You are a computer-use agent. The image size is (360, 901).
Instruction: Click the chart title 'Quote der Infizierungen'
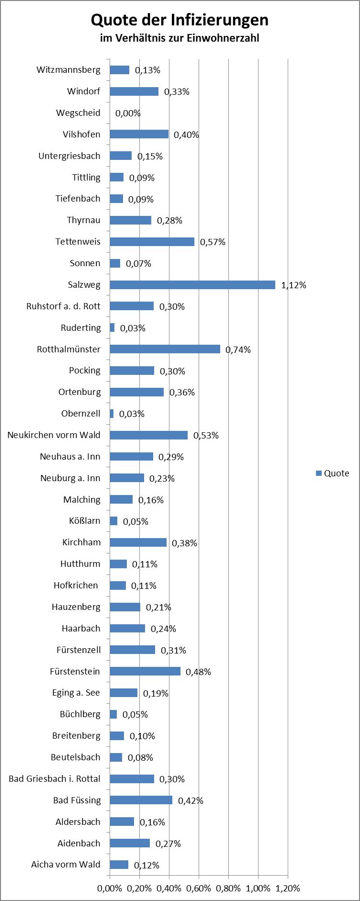tap(180, 20)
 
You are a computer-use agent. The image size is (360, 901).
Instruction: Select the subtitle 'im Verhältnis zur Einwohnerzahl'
tap(180, 38)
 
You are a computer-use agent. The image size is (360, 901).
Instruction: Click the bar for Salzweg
tap(192, 285)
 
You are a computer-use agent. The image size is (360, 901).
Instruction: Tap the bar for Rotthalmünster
tap(165, 349)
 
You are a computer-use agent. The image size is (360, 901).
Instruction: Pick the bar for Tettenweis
tap(152, 242)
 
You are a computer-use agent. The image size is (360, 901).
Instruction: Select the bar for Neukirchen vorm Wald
tap(148, 435)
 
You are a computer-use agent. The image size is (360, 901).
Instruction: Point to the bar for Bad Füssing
tap(141, 800)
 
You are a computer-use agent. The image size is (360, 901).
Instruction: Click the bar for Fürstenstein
tap(145, 671)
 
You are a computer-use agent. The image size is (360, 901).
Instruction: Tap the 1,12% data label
tap(293, 285)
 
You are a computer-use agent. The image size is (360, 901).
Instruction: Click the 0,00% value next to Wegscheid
tap(128, 113)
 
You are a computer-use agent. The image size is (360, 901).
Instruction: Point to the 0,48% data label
tap(198, 672)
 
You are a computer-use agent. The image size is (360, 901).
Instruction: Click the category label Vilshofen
tap(81, 134)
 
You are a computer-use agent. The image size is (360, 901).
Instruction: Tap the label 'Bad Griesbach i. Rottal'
tap(55, 778)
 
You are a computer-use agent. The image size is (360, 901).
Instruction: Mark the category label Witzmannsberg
tap(68, 70)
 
